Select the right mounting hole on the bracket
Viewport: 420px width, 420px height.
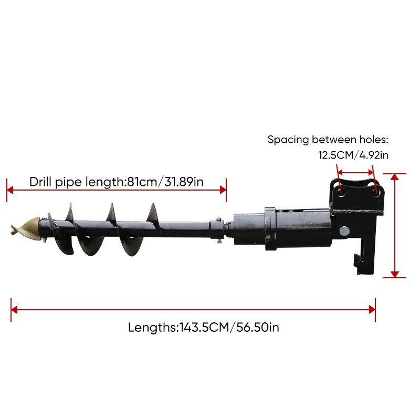[x=374, y=193]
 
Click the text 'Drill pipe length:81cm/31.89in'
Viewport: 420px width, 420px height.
[x=117, y=182]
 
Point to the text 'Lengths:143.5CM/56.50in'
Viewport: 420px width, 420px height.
[x=203, y=328]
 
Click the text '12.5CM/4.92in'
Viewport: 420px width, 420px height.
[x=353, y=155]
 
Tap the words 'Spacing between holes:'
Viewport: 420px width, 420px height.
[x=328, y=140]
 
